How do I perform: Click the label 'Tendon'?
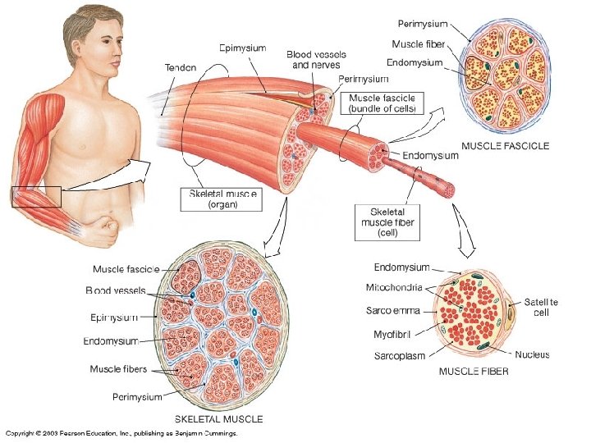point(180,67)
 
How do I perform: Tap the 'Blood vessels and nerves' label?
point(316,59)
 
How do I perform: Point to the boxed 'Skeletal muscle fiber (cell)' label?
point(388,221)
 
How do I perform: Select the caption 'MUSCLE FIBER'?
point(474,372)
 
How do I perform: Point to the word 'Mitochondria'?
point(394,288)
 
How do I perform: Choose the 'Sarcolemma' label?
point(394,311)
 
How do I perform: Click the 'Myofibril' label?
point(392,334)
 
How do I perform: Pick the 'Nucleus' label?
point(532,355)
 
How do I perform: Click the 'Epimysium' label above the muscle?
point(242,48)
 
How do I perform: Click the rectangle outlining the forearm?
point(36,198)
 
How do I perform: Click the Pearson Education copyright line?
point(121,432)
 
